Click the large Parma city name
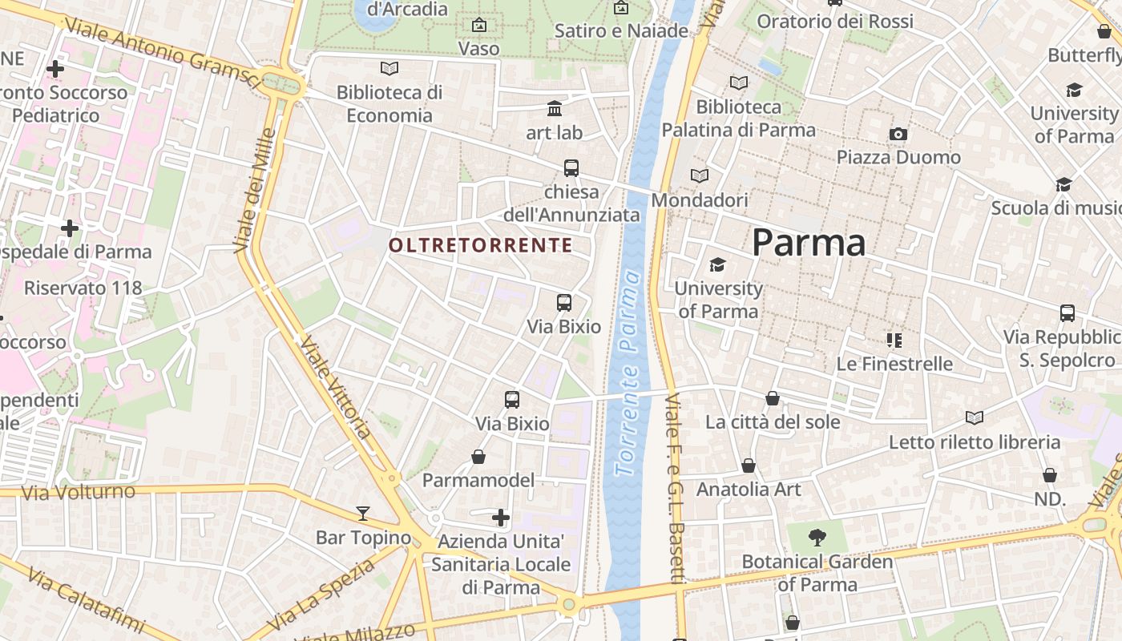808,243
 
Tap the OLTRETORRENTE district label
481,245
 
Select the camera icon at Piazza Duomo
898,134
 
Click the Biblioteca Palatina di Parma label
738,118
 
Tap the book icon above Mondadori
700,175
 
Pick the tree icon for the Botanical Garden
817,538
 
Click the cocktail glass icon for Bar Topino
363,513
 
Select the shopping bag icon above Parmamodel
478,457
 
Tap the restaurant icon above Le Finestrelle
894,341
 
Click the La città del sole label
773,421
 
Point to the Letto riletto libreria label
975,441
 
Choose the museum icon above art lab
555,108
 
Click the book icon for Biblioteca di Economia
389,69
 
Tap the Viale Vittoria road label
335,387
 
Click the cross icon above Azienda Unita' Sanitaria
501,518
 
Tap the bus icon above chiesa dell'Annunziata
571,168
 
